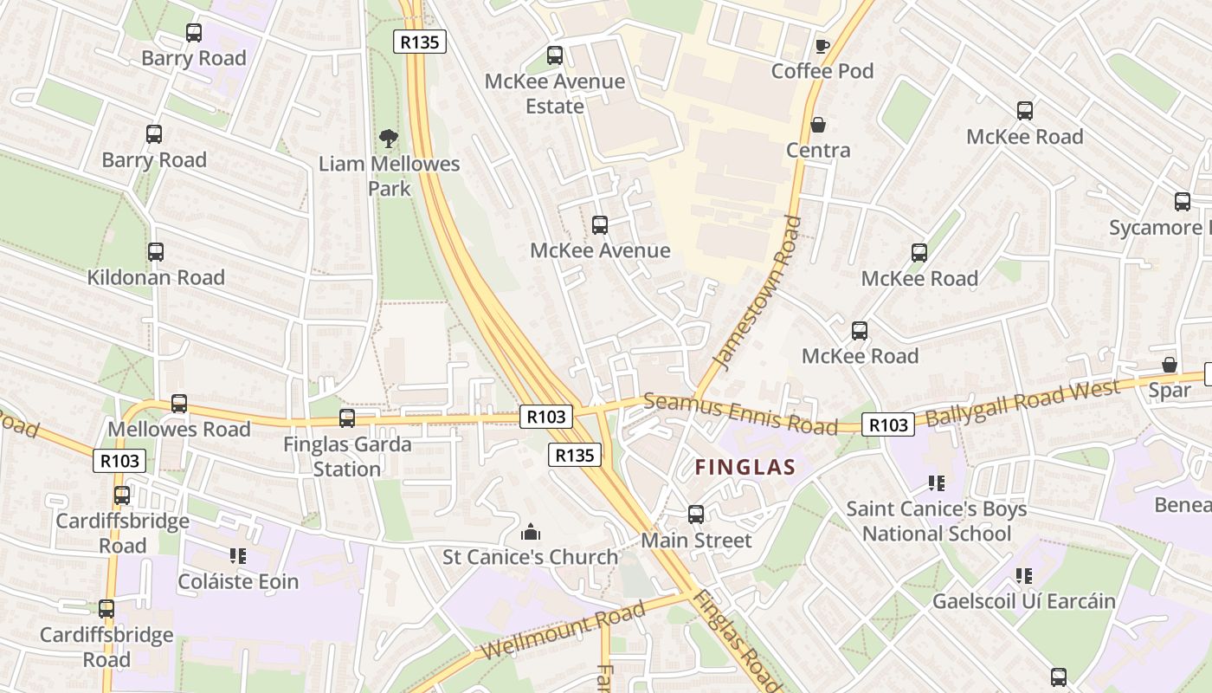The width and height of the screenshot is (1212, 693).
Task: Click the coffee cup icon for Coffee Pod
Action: click(x=822, y=46)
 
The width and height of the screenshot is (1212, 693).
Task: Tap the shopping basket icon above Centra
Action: click(x=818, y=126)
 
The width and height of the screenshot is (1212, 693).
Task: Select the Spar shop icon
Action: click(x=1170, y=366)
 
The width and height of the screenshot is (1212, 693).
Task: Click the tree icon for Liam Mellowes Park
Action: click(x=389, y=138)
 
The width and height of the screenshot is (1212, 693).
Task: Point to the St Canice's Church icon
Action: click(x=531, y=532)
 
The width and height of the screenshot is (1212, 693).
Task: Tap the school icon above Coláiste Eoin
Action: click(x=238, y=556)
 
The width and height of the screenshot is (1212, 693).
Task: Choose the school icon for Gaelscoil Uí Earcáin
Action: click(x=1024, y=576)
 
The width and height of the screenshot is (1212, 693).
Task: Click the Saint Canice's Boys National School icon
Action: click(x=936, y=483)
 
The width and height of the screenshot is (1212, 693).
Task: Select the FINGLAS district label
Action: click(x=745, y=468)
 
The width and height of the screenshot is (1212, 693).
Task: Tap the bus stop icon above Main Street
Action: click(x=696, y=515)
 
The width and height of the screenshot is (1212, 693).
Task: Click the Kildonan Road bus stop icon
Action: click(x=156, y=252)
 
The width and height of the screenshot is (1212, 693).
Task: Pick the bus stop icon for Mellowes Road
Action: click(x=179, y=404)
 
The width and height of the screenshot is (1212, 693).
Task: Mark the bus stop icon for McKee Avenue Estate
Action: click(x=555, y=55)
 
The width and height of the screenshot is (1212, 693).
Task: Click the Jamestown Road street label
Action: click(x=756, y=293)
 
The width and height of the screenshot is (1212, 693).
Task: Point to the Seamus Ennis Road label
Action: click(x=740, y=413)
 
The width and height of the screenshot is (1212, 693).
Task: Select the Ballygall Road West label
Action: click(x=1022, y=402)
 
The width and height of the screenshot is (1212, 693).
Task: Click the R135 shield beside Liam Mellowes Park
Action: click(x=420, y=42)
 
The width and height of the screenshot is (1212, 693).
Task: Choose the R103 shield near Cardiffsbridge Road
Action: click(x=119, y=461)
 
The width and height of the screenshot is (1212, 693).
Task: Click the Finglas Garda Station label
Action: click(x=346, y=457)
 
